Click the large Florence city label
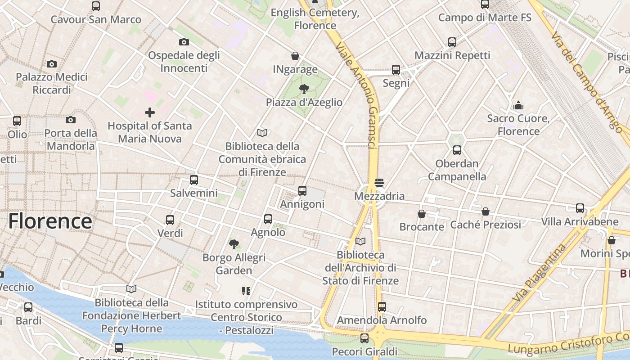[50, 221]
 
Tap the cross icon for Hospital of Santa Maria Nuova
[150, 112]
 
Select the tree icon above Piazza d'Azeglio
[304, 89]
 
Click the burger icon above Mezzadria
[379, 183]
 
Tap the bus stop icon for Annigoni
[302, 191]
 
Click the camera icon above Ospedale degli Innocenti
[184, 42]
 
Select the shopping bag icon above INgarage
[295, 56]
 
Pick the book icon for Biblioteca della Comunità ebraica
[262, 133]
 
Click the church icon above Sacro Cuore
[518, 105]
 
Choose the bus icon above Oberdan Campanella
[457, 150]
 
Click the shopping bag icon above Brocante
[422, 214]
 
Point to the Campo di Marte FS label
[485, 18]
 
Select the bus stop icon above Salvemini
[194, 180]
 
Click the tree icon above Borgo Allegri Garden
[234, 244]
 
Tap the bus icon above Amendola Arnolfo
[382, 307]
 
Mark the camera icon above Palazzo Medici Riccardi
[52, 64]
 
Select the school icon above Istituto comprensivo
[246, 291]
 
